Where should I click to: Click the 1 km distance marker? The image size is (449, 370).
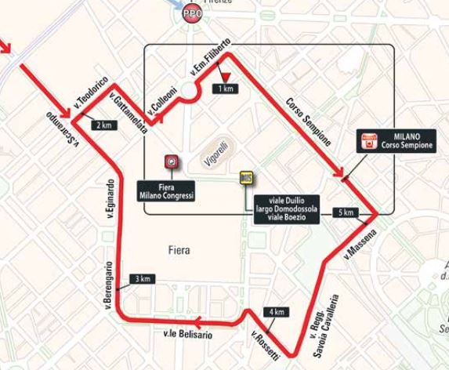pos(227,89)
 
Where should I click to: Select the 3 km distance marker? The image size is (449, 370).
pos(142,279)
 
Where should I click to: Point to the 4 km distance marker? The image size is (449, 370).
pos(277,311)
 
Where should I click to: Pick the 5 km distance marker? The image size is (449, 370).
pos(345,212)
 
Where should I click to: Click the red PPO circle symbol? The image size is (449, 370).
pos(190,14)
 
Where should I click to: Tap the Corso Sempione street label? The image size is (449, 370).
pos(307,122)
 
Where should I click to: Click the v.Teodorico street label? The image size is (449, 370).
pos(88,92)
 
